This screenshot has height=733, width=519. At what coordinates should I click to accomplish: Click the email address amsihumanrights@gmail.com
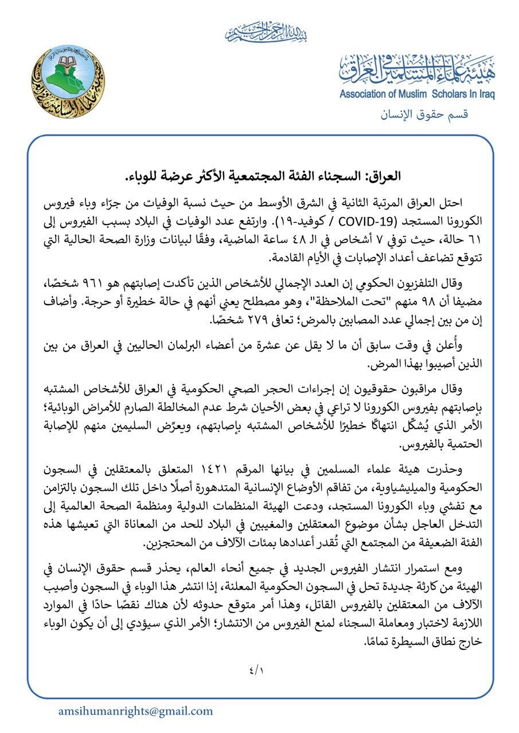point(135,711)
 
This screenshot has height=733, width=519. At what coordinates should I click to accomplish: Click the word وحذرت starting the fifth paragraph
point(456,469)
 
